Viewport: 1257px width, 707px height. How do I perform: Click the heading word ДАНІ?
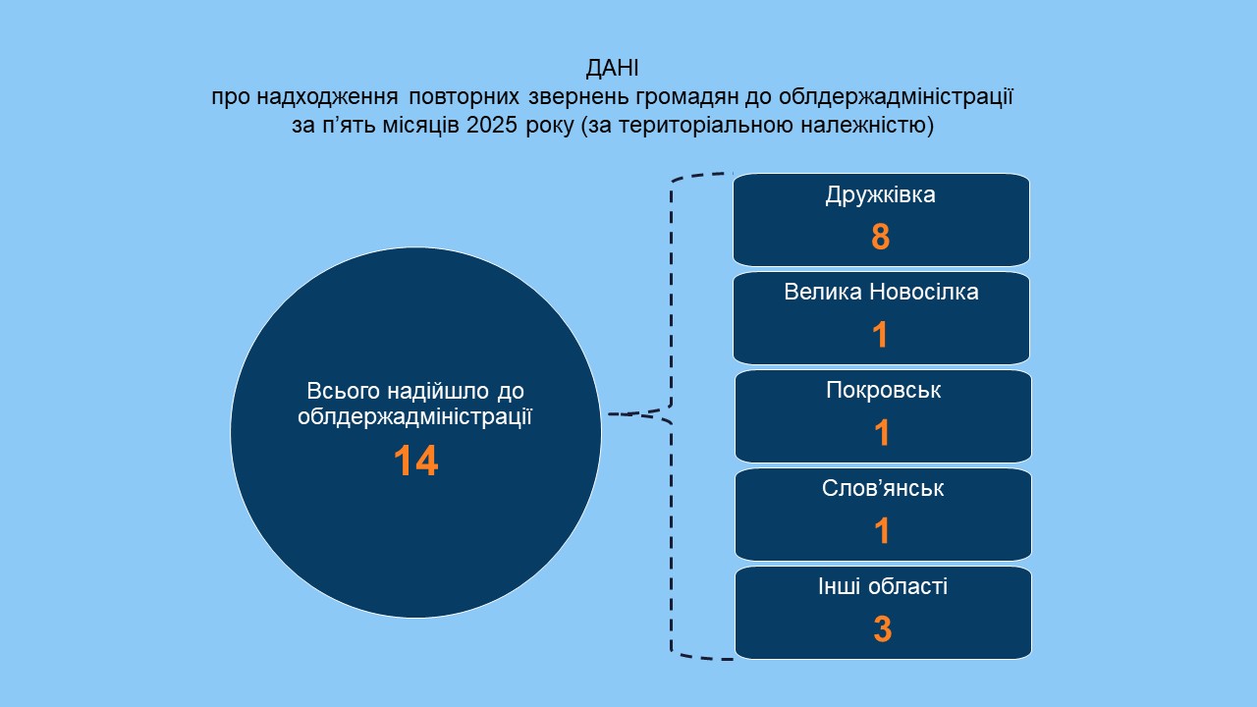[612, 69]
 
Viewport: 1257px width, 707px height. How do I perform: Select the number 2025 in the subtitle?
[492, 125]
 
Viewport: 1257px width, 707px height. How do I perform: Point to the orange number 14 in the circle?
[415, 462]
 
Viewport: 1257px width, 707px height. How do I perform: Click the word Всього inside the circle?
[344, 391]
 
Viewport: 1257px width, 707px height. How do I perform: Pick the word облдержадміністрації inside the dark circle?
[414, 417]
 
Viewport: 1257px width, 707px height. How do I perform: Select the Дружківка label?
[881, 195]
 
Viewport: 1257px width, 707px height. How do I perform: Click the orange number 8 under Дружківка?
[881, 237]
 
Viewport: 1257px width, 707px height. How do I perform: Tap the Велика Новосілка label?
[881, 292]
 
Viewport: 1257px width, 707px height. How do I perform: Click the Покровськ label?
[883, 391]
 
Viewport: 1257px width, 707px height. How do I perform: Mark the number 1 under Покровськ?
[882, 433]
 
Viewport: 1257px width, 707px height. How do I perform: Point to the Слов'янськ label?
[883, 488]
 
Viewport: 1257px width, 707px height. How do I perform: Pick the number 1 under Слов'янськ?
[882, 531]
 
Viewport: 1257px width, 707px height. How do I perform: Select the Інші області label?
[883, 586]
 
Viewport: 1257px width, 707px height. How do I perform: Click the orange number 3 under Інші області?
[883, 629]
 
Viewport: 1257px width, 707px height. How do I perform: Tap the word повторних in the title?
[465, 97]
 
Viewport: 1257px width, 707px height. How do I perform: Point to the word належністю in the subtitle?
[863, 125]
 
